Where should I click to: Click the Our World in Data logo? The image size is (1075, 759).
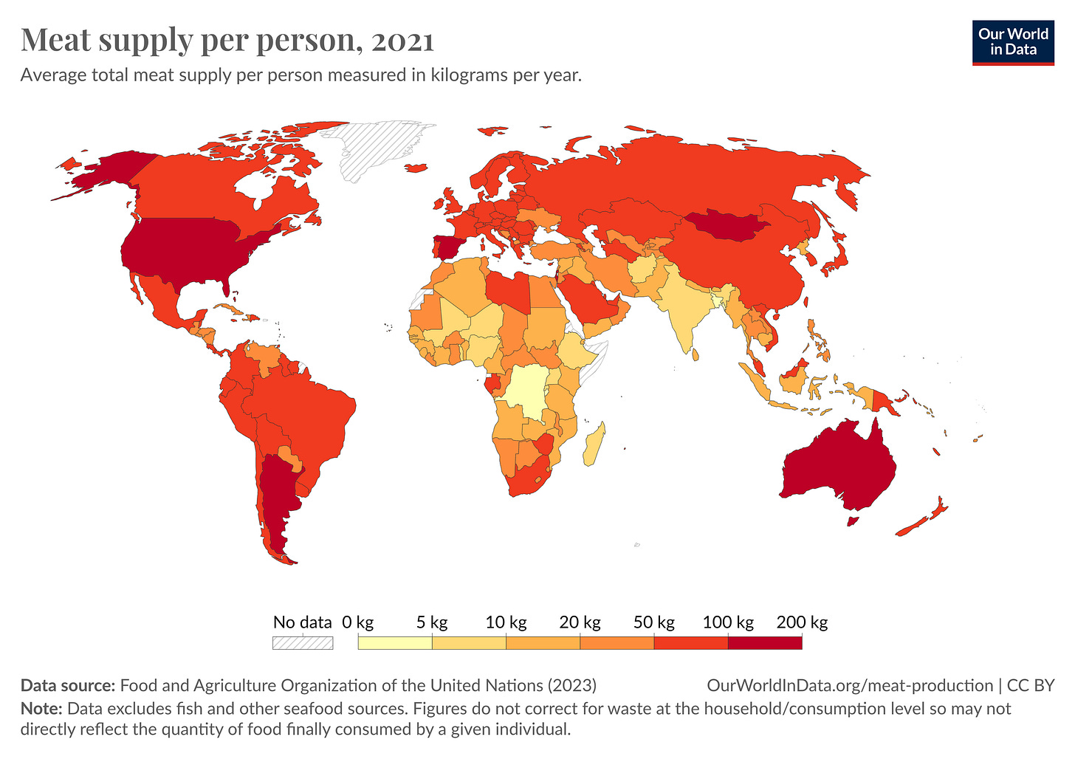(1013, 43)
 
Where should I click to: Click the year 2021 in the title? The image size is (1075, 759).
(402, 41)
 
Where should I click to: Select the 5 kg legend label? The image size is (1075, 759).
(432, 622)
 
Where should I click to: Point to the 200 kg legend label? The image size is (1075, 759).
(802, 622)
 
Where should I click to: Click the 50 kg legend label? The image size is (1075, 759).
(654, 622)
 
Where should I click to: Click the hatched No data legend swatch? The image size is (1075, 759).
(303, 642)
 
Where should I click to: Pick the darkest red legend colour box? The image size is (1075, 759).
(765, 642)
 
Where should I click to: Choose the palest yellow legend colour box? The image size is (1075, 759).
(395, 642)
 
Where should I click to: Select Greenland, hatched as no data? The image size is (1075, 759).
(377, 148)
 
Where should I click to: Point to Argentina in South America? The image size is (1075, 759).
(277, 502)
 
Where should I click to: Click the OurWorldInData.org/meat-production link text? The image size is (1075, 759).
(850, 685)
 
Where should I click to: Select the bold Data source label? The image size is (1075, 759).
(68, 685)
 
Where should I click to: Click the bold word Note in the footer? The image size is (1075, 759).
(40, 709)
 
